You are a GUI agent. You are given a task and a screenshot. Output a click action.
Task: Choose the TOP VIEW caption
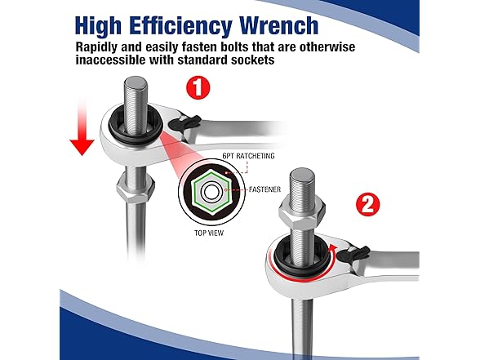pyautogui.click(x=209, y=232)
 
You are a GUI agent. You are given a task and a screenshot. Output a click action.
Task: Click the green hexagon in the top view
pyautogui.click(x=207, y=193)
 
